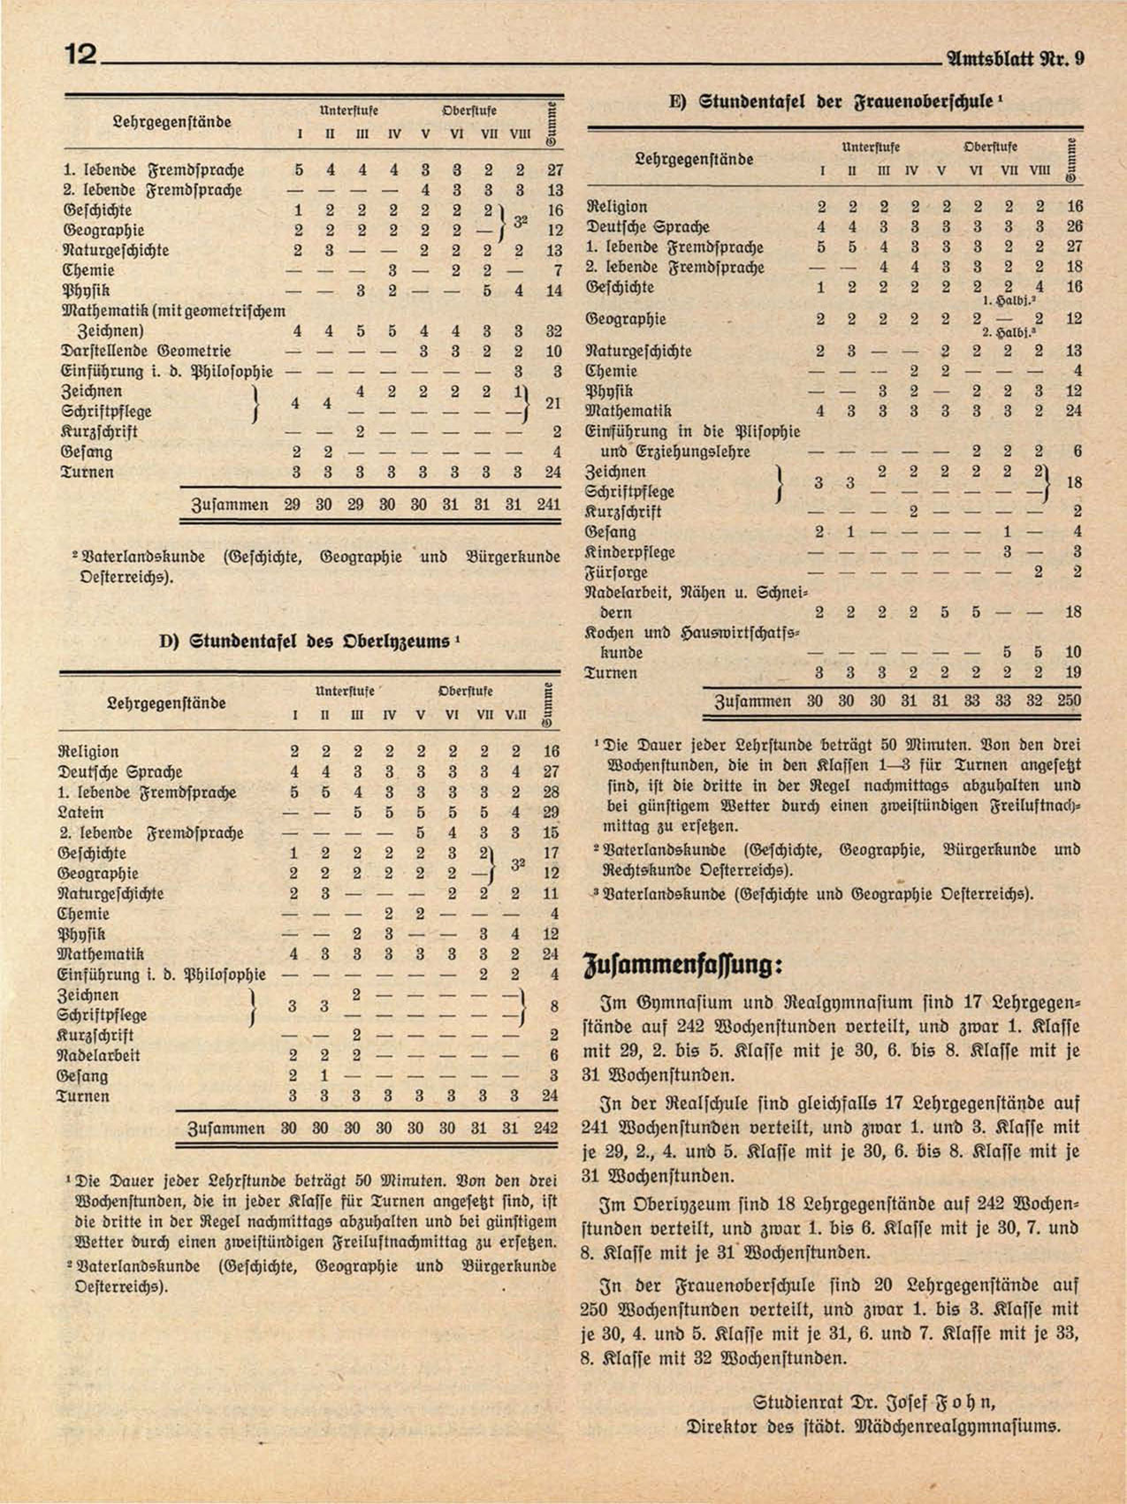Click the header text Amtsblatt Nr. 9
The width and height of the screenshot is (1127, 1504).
pos(1015,59)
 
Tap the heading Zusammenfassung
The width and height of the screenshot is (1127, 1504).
pos(682,963)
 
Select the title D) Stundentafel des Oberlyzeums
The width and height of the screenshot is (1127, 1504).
pos(305,641)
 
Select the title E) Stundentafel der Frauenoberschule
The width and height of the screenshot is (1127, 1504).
pos(834,102)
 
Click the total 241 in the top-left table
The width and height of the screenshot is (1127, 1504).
pos(549,505)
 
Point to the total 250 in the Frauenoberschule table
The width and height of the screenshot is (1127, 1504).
pos(1069,701)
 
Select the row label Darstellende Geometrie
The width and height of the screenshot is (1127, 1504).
pos(147,351)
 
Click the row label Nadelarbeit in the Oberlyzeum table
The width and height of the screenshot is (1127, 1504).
pos(98,1055)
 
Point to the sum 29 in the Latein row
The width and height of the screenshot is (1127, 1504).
pos(550,812)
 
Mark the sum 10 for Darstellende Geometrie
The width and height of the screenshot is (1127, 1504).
pos(553,351)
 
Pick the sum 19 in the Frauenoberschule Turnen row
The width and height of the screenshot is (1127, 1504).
pos(1073,672)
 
